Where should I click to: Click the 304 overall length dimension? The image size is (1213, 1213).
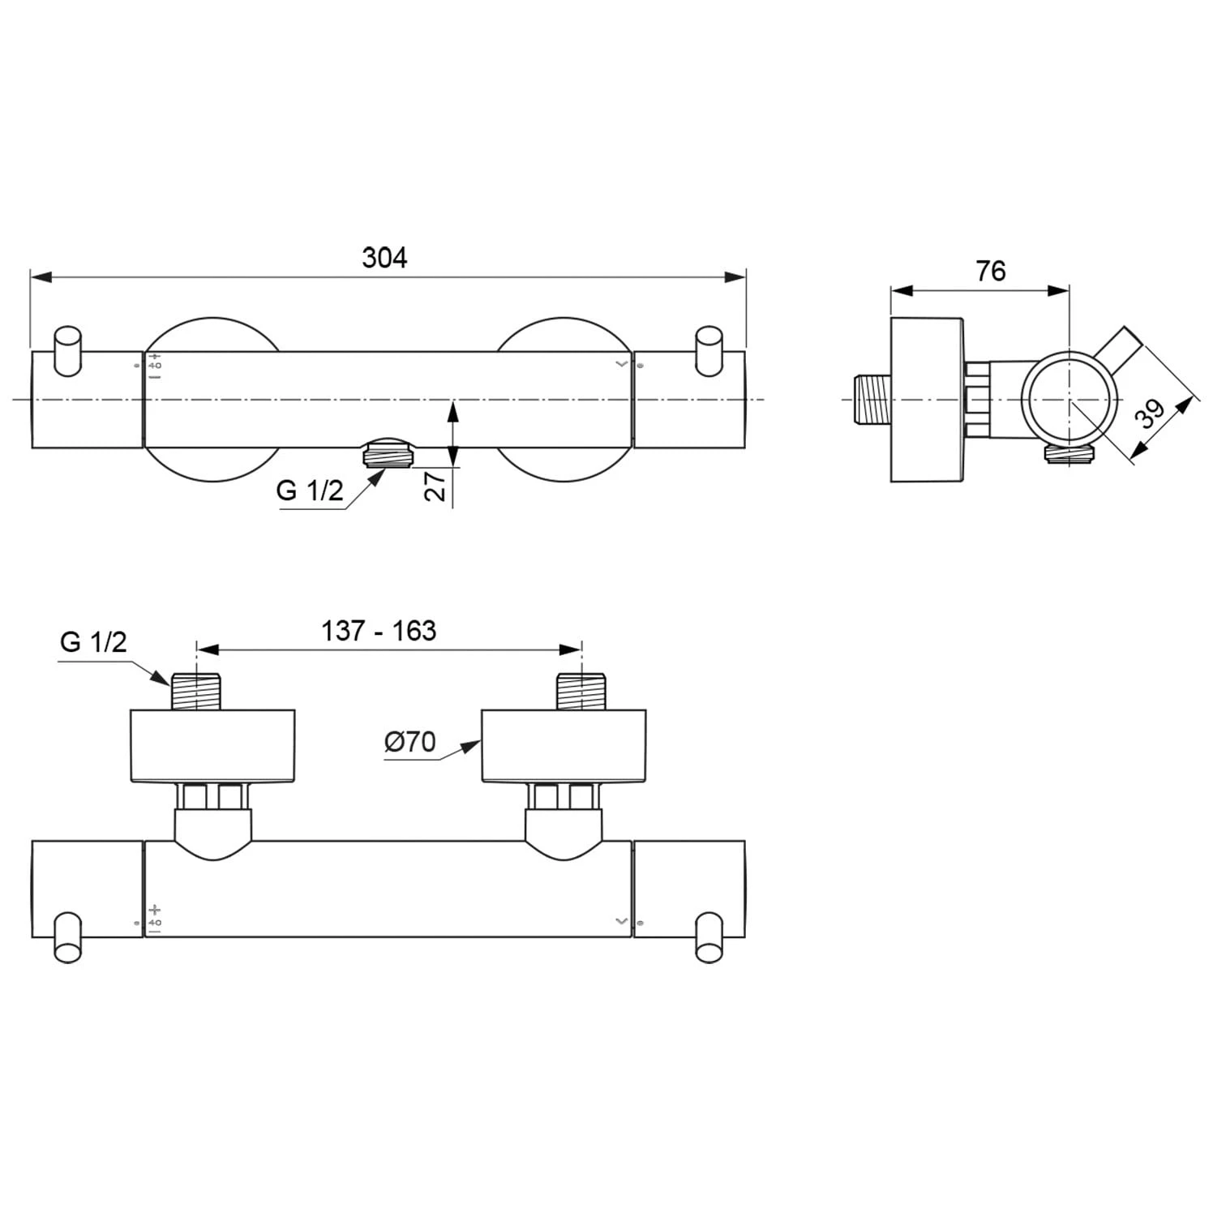384,258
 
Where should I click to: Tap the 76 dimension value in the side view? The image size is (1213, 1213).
990,271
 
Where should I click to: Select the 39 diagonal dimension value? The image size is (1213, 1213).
1150,413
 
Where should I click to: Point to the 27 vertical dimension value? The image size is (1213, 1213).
435,486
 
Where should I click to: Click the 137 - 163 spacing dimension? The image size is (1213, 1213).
379,631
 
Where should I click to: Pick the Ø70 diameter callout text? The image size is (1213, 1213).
409,741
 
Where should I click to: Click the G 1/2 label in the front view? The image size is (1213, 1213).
310,491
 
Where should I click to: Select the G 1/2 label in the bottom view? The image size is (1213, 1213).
93,642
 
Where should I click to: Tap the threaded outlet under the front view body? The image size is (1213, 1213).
387,452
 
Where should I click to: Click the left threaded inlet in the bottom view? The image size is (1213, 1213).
195,692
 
